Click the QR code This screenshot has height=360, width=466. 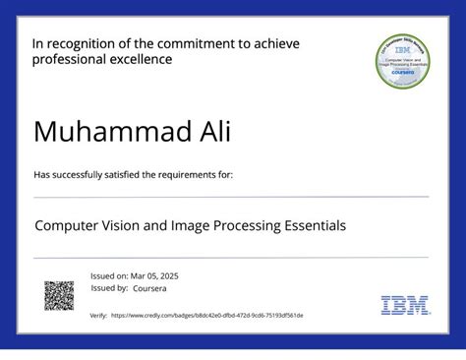pyautogui.click(x=59, y=295)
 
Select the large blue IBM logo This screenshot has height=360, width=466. pyautogui.click(x=404, y=305)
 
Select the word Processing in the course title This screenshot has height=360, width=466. pyautogui.click(x=241, y=226)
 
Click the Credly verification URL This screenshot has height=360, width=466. pyautogui.click(x=207, y=316)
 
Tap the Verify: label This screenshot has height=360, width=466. pyautogui.click(x=98, y=316)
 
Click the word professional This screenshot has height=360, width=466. pyautogui.click(x=66, y=60)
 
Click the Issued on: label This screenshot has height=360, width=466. pyautogui.click(x=108, y=276)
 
